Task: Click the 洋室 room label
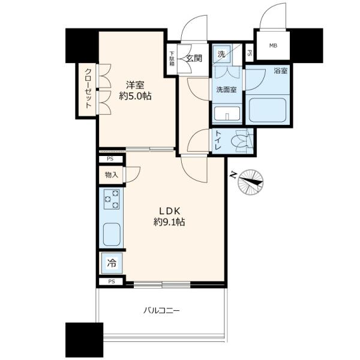pyautogui.click(x=135, y=85)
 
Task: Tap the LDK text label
pyautogui.click(x=169, y=211)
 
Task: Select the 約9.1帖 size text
pyautogui.click(x=169, y=222)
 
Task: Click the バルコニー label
pyautogui.click(x=161, y=311)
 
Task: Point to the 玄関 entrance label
pyautogui.click(x=194, y=58)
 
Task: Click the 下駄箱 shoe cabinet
pyautogui.click(x=172, y=59)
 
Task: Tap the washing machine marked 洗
pyautogui.click(x=221, y=54)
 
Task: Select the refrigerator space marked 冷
pyautogui.click(x=112, y=263)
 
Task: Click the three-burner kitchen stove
pyautogui.click(x=112, y=199)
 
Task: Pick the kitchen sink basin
pyautogui.click(x=112, y=235)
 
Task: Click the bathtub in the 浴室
pyautogui.click(x=268, y=110)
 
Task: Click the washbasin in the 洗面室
pyautogui.click(x=227, y=113)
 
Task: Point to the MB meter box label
pyautogui.click(x=273, y=46)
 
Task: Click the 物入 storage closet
pyautogui.click(x=111, y=175)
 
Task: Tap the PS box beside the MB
pyautogui.click(x=250, y=53)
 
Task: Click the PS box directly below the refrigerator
pyautogui.click(x=111, y=281)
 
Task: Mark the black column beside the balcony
pyautogui.click(x=84, y=340)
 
